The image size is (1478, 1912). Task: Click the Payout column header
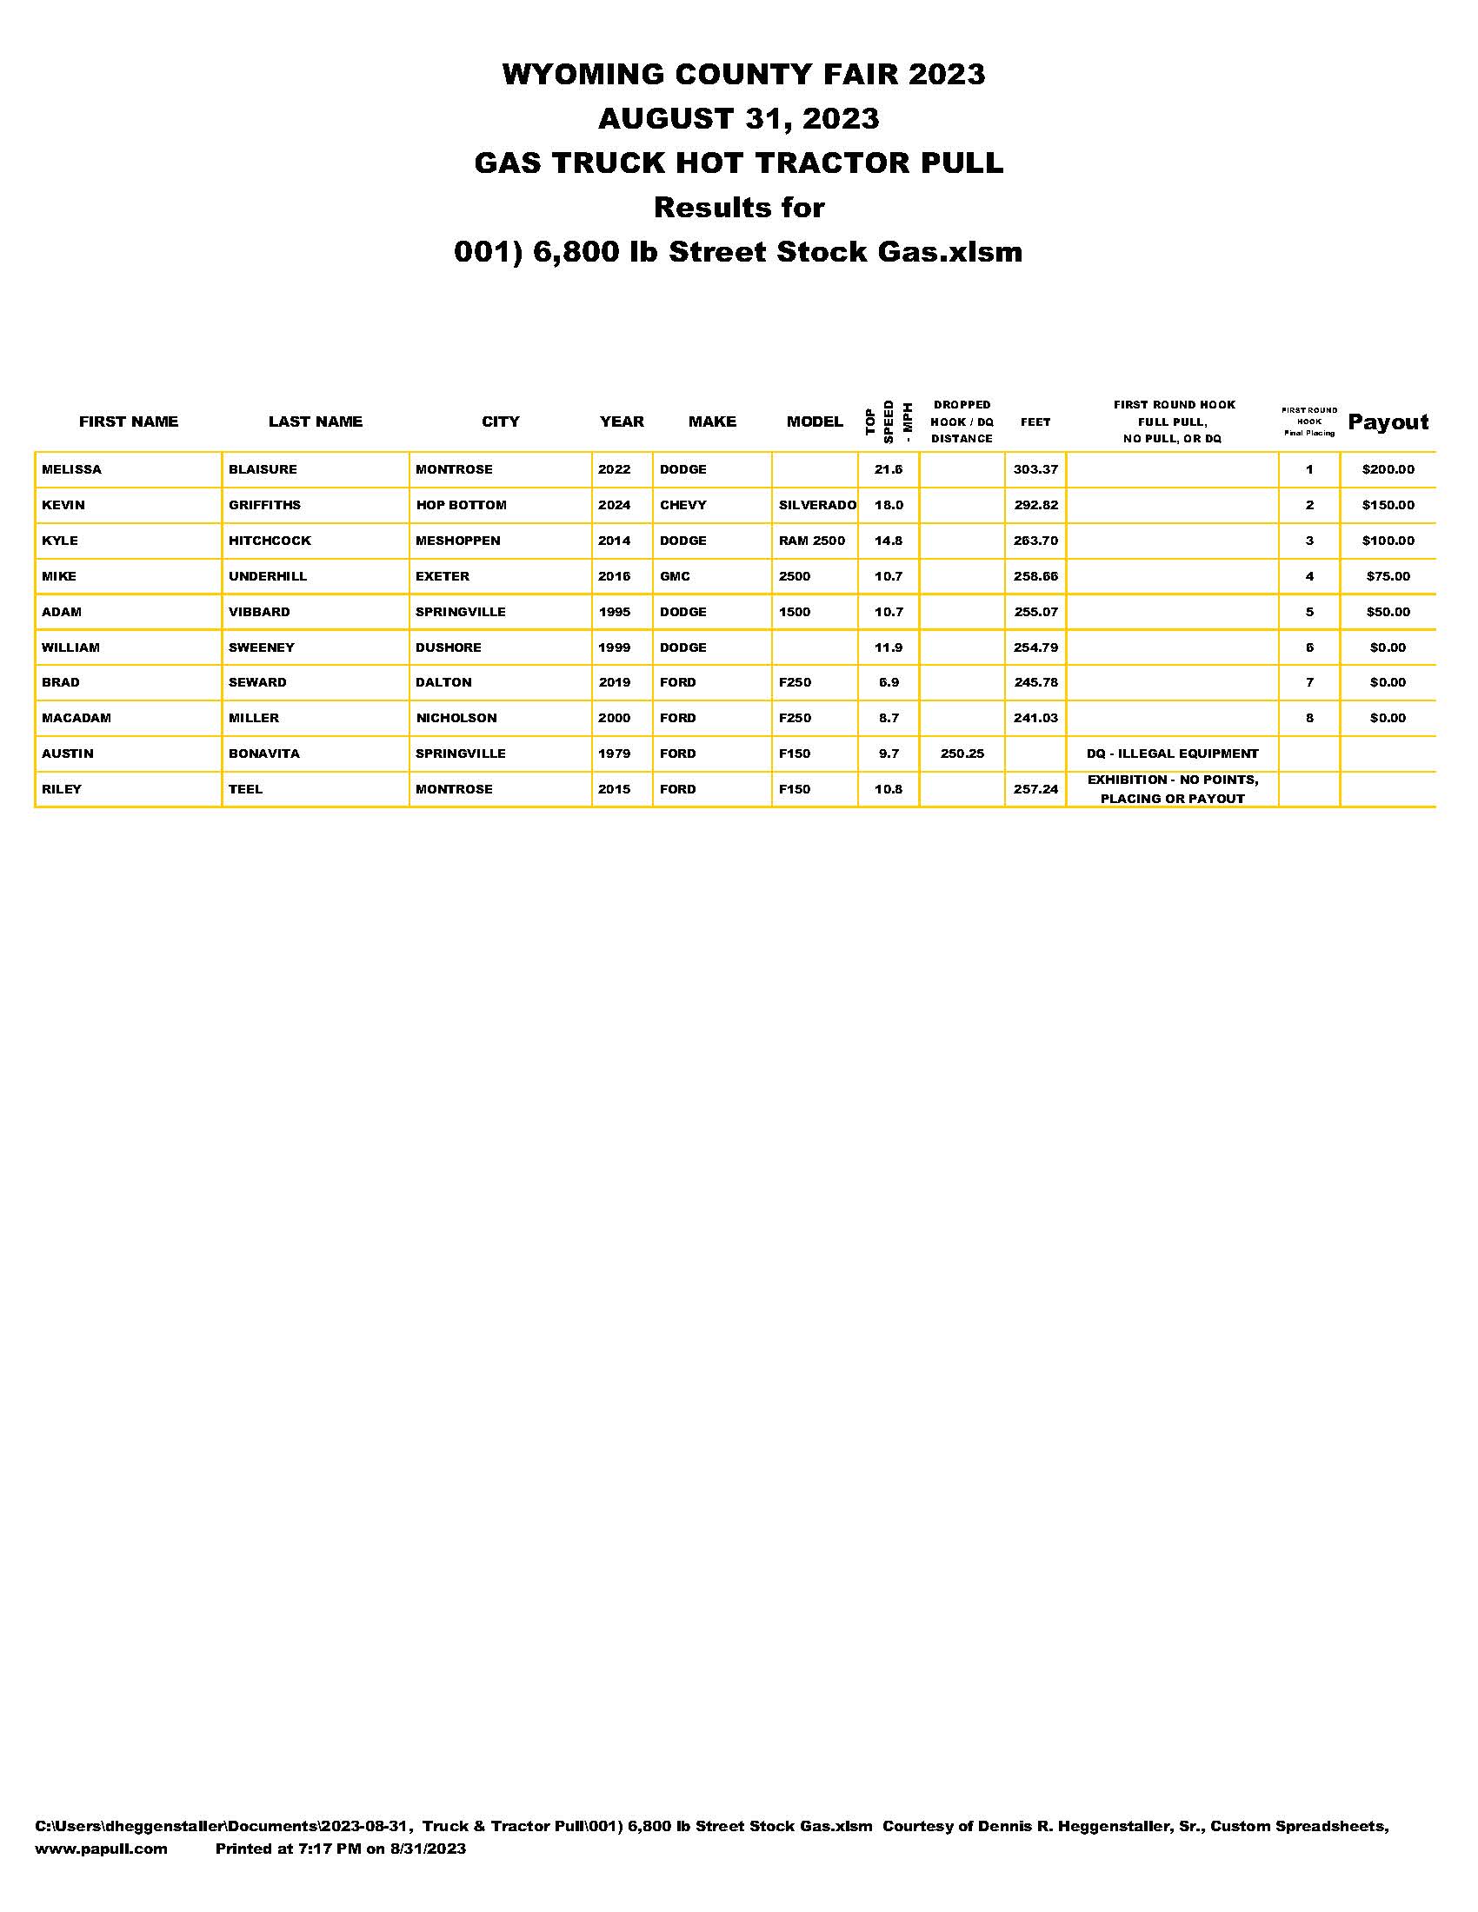(1388, 422)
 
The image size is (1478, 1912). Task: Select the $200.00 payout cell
(1388, 469)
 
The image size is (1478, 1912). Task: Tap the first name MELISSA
(72, 469)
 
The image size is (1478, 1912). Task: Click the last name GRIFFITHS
(264, 505)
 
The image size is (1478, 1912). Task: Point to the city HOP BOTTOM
(461, 505)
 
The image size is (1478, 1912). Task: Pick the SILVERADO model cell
(817, 505)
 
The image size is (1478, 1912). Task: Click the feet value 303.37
(1035, 469)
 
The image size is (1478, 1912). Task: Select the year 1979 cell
(614, 754)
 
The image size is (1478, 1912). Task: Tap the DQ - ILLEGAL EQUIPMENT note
(1173, 754)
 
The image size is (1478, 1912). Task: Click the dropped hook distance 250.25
(962, 754)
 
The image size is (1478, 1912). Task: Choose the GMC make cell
(675, 576)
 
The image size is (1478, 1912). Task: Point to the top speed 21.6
(889, 469)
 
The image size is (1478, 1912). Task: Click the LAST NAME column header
(316, 422)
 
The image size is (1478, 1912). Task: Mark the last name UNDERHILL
(268, 576)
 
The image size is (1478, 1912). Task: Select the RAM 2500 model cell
(812, 541)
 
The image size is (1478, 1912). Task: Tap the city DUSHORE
(449, 647)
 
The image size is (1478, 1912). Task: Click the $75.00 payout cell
(1388, 576)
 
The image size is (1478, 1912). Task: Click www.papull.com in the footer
(101, 1849)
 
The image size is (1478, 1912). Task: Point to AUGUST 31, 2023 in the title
(738, 118)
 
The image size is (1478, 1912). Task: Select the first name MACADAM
(77, 718)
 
